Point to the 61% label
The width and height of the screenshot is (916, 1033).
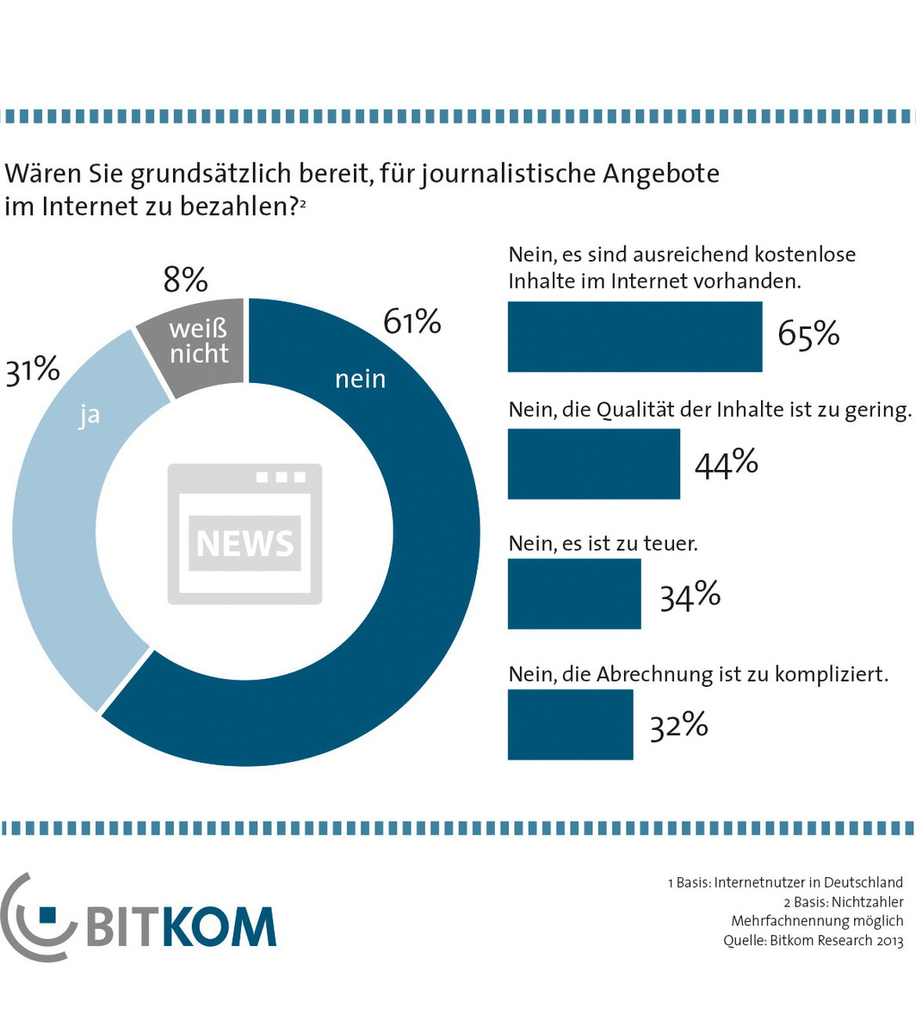412,322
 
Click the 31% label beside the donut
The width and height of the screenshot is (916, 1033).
33,371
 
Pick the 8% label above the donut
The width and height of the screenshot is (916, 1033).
185,280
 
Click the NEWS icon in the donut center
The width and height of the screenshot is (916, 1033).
244,534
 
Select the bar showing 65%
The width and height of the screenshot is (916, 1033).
634,337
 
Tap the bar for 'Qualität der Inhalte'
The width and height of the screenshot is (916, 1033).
593,464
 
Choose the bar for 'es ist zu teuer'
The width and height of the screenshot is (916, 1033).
574,594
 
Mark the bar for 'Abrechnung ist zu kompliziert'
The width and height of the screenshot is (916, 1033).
570,725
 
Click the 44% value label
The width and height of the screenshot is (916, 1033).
726,464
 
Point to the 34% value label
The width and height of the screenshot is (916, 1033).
690,595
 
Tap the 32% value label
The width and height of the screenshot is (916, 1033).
678,726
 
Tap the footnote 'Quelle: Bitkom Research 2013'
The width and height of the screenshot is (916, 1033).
813,941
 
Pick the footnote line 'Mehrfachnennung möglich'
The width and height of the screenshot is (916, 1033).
817,921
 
